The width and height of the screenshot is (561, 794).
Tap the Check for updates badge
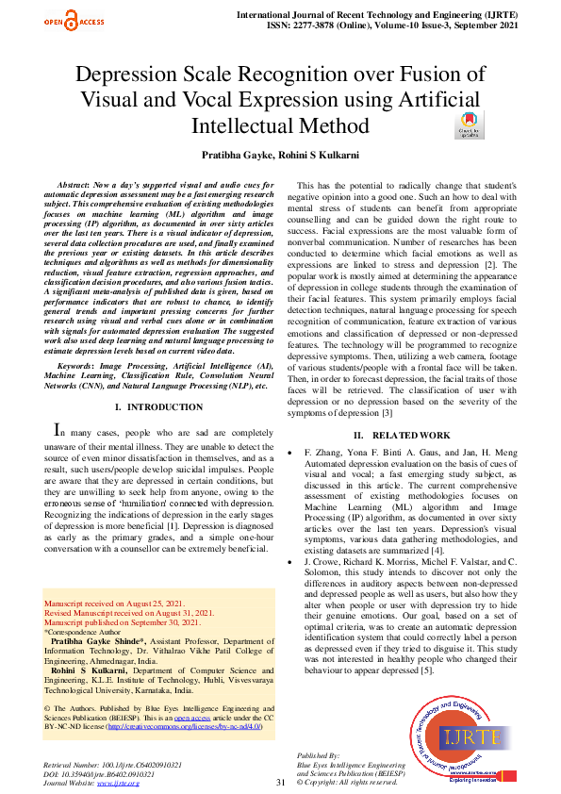(468, 126)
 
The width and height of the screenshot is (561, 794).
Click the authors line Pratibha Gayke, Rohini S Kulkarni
(280, 154)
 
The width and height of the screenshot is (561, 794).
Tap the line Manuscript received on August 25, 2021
(116, 601)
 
